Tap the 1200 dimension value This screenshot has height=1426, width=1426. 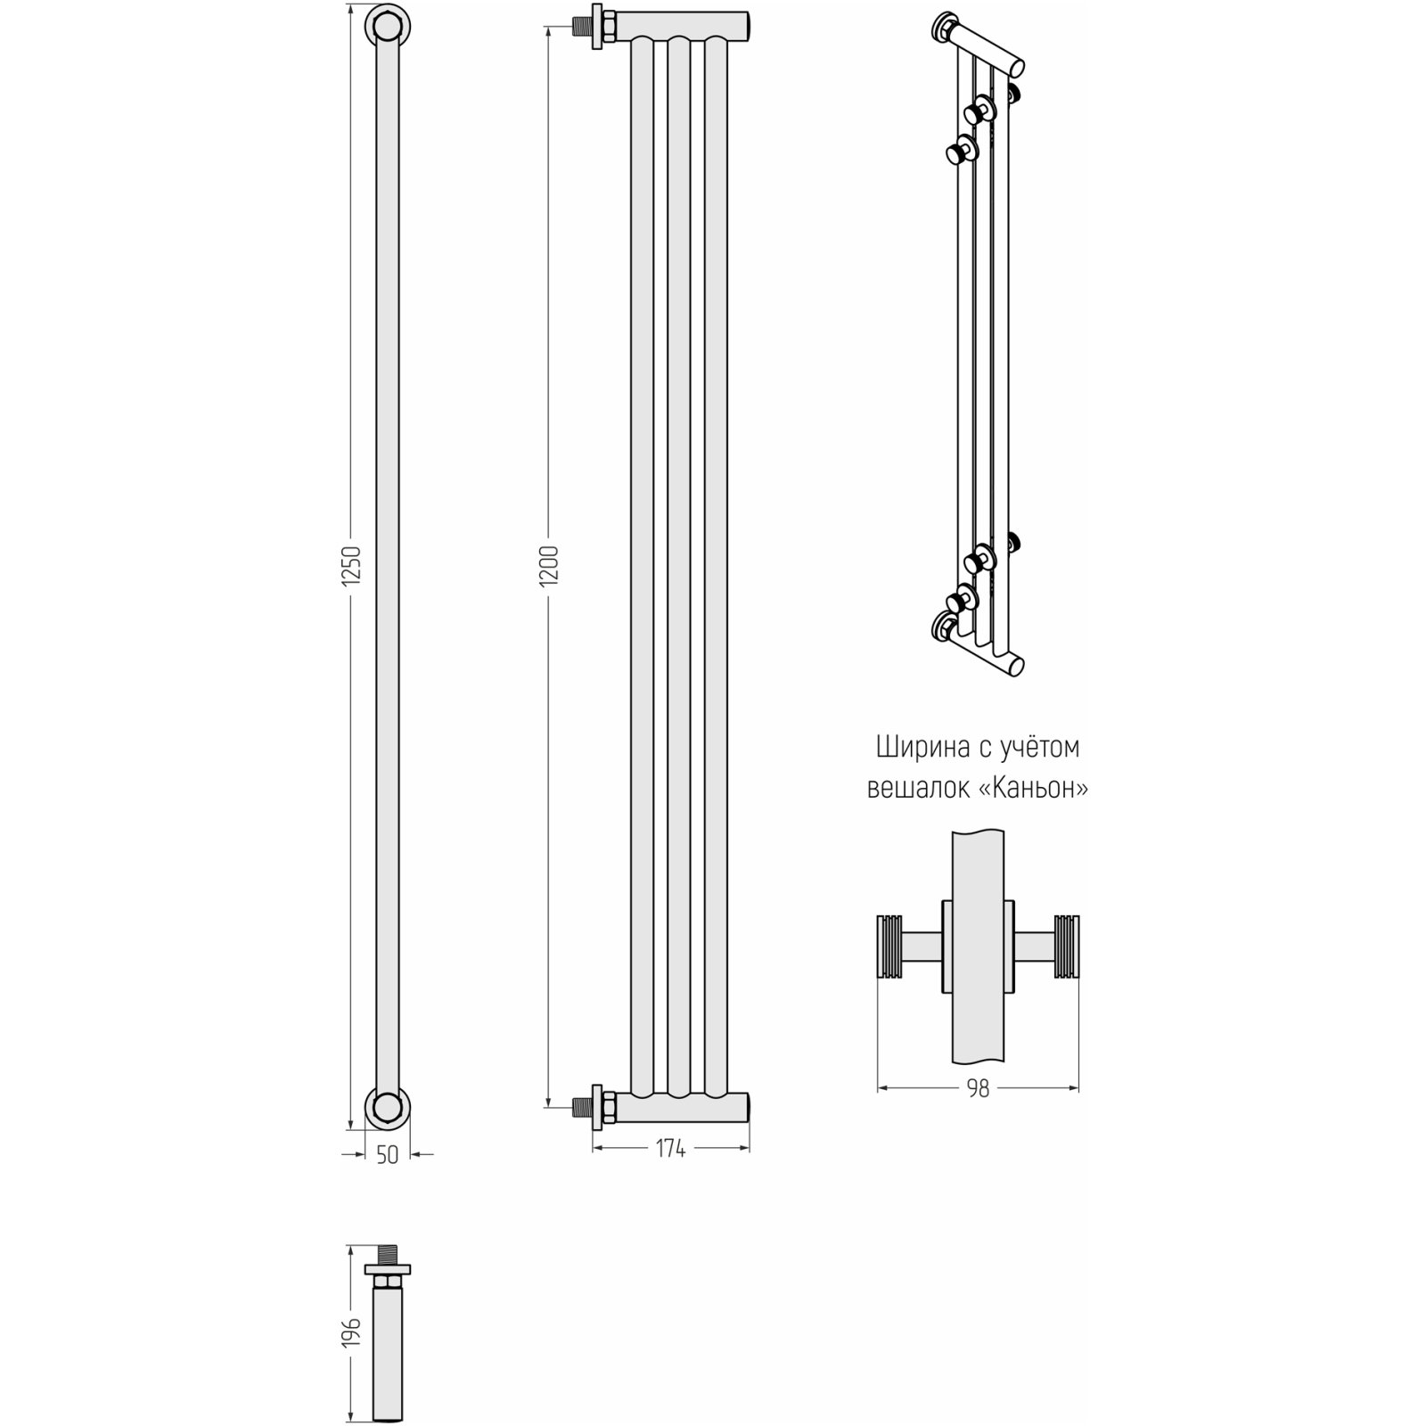coord(550,565)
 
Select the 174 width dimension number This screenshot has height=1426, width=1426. coord(670,1150)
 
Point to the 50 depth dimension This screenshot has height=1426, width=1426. coord(387,1155)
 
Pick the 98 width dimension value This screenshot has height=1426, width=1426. coord(978,1088)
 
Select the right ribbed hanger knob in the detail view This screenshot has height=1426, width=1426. coord(1066,947)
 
